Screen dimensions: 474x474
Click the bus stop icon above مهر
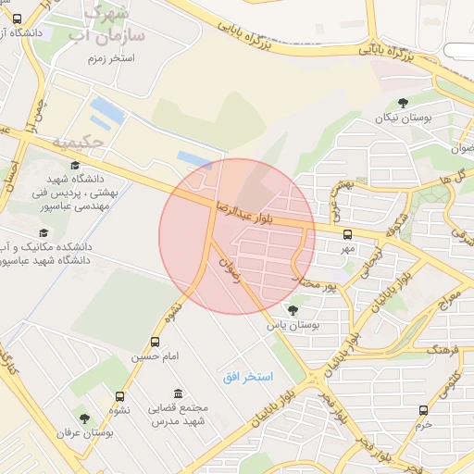coord(347,234)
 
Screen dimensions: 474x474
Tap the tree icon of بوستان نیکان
coord(402,104)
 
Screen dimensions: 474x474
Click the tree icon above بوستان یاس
coord(293,310)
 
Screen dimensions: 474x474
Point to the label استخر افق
coord(248,377)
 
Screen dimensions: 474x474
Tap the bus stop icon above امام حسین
coord(155,342)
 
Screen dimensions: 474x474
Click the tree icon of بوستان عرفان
coord(84,418)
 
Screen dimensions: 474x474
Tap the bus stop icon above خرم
coord(423,410)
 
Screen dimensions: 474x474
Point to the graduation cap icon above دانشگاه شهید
coord(75,165)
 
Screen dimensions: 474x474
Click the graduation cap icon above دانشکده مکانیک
coord(43,233)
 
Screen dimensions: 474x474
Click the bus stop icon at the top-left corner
coord(19,19)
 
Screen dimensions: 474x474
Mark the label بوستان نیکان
coord(405,118)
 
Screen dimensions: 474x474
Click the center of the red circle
coord(237,236)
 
